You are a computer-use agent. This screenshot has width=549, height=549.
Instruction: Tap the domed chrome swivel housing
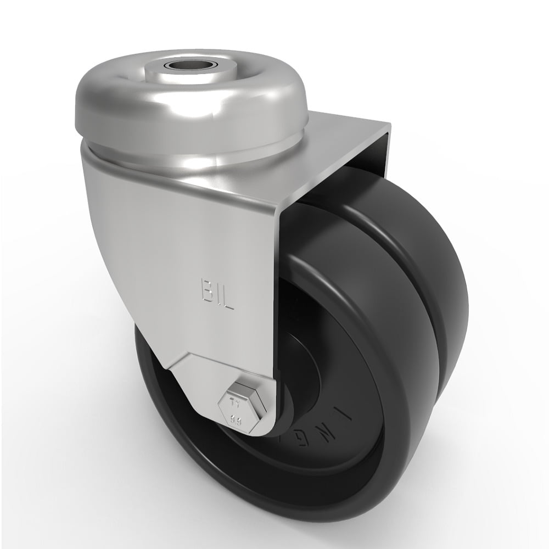[x=126, y=99]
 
